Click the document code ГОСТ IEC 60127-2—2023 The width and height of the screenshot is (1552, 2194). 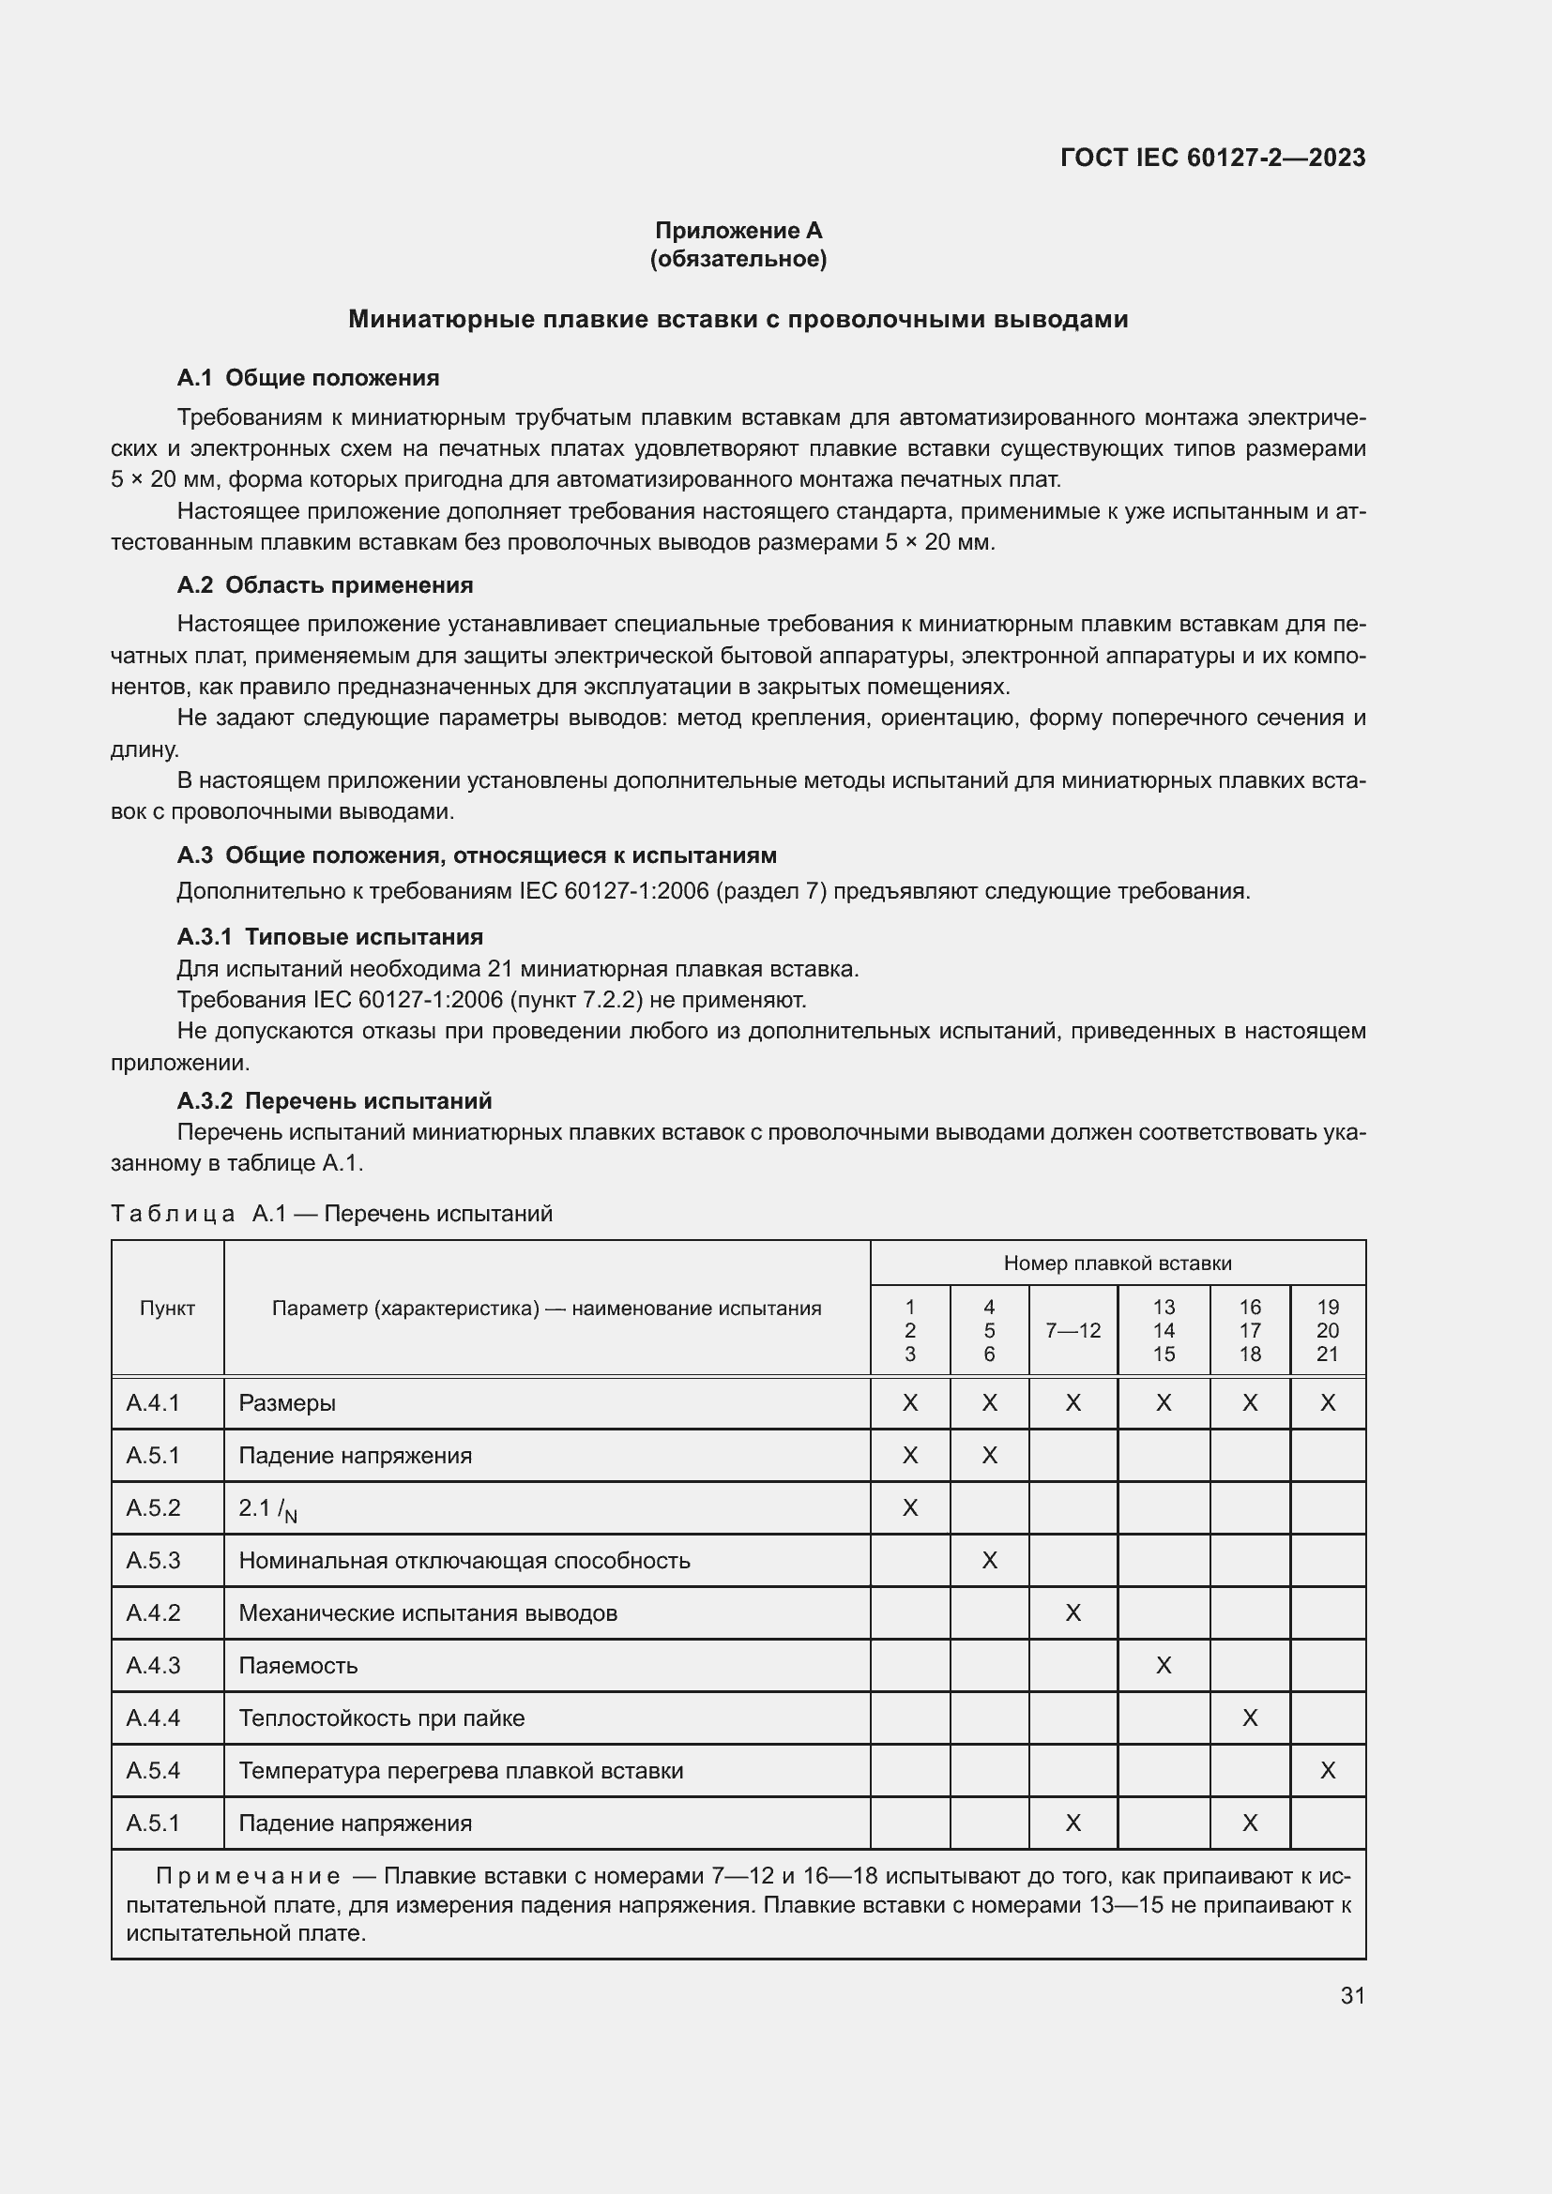pyautogui.click(x=1211, y=158)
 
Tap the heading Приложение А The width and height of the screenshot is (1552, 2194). pyautogui.click(x=738, y=231)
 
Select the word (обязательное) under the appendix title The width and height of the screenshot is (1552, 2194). pyautogui.click(x=738, y=259)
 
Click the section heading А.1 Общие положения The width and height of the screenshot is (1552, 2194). pyautogui.click(x=308, y=377)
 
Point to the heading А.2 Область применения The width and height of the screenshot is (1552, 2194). pyautogui.click(x=325, y=584)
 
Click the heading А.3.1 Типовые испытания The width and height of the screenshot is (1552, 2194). pyautogui.click(x=329, y=936)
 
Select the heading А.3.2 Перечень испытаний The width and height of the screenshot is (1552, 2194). pyautogui.click(x=334, y=1101)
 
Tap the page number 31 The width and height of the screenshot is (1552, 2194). pyautogui.click(x=1352, y=1995)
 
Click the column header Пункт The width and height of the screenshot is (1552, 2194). pyautogui.click(x=167, y=1309)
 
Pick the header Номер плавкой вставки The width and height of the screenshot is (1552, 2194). pyautogui.click(x=1118, y=1263)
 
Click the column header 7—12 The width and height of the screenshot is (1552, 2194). pyautogui.click(x=1073, y=1330)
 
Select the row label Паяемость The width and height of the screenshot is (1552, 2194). pyautogui.click(x=298, y=1666)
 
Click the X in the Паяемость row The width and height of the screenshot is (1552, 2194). pyautogui.click(x=1163, y=1666)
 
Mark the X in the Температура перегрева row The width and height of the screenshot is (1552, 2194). pyautogui.click(x=1328, y=1771)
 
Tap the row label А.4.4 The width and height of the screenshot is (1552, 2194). pyautogui.click(x=153, y=1718)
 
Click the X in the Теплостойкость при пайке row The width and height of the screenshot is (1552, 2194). pyautogui.click(x=1249, y=1718)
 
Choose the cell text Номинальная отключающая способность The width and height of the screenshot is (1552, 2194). pyautogui.click(x=464, y=1561)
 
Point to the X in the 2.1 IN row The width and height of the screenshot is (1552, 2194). pyautogui.click(x=910, y=1508)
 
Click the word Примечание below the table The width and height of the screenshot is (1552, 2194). pyautogui.click(x=248, y=1876)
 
